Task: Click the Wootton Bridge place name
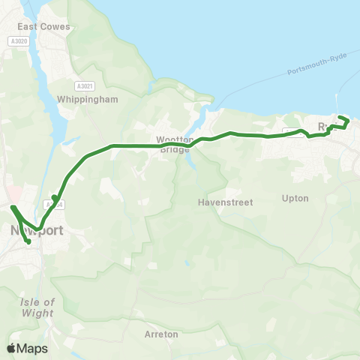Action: (x=175, y=143)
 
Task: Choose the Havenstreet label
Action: (x=226, y=202)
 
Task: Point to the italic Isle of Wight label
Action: (x=39, y=307)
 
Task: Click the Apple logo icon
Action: (x=12, y=348)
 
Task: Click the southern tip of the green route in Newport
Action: (x=28, y=241)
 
